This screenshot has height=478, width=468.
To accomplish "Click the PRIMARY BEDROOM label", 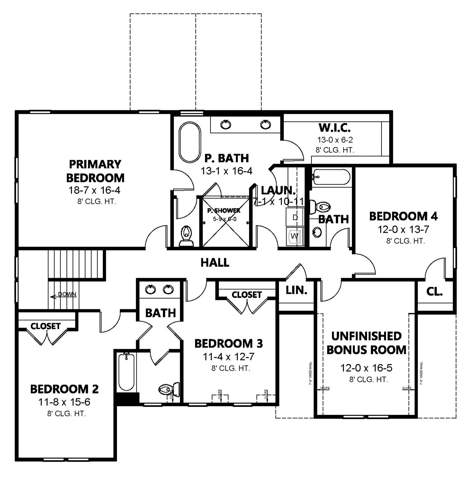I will [95, 171].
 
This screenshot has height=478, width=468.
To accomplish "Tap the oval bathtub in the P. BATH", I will [190, 142].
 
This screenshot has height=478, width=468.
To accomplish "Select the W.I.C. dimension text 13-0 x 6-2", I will [335, 140].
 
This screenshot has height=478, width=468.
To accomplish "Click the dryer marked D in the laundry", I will [295, 218].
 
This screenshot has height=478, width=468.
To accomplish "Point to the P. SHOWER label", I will [224, 211].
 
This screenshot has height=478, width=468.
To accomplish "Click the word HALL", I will [215, 263].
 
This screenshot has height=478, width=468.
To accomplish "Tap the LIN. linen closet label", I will [296, 290].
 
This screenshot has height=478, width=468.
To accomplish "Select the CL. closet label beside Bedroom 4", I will [435, 292].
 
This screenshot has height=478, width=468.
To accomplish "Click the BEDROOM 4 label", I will [403, 216].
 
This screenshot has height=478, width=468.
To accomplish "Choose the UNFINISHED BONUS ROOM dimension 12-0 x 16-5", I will [366, 368].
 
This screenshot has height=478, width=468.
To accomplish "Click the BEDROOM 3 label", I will [229, 344].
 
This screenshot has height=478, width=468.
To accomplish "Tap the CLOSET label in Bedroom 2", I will [45, 326].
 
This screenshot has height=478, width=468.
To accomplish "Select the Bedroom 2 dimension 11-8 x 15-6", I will [64, 402].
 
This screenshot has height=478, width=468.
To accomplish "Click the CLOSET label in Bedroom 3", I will [247, 294].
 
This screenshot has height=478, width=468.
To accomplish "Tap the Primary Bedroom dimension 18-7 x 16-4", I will [94, 190].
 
